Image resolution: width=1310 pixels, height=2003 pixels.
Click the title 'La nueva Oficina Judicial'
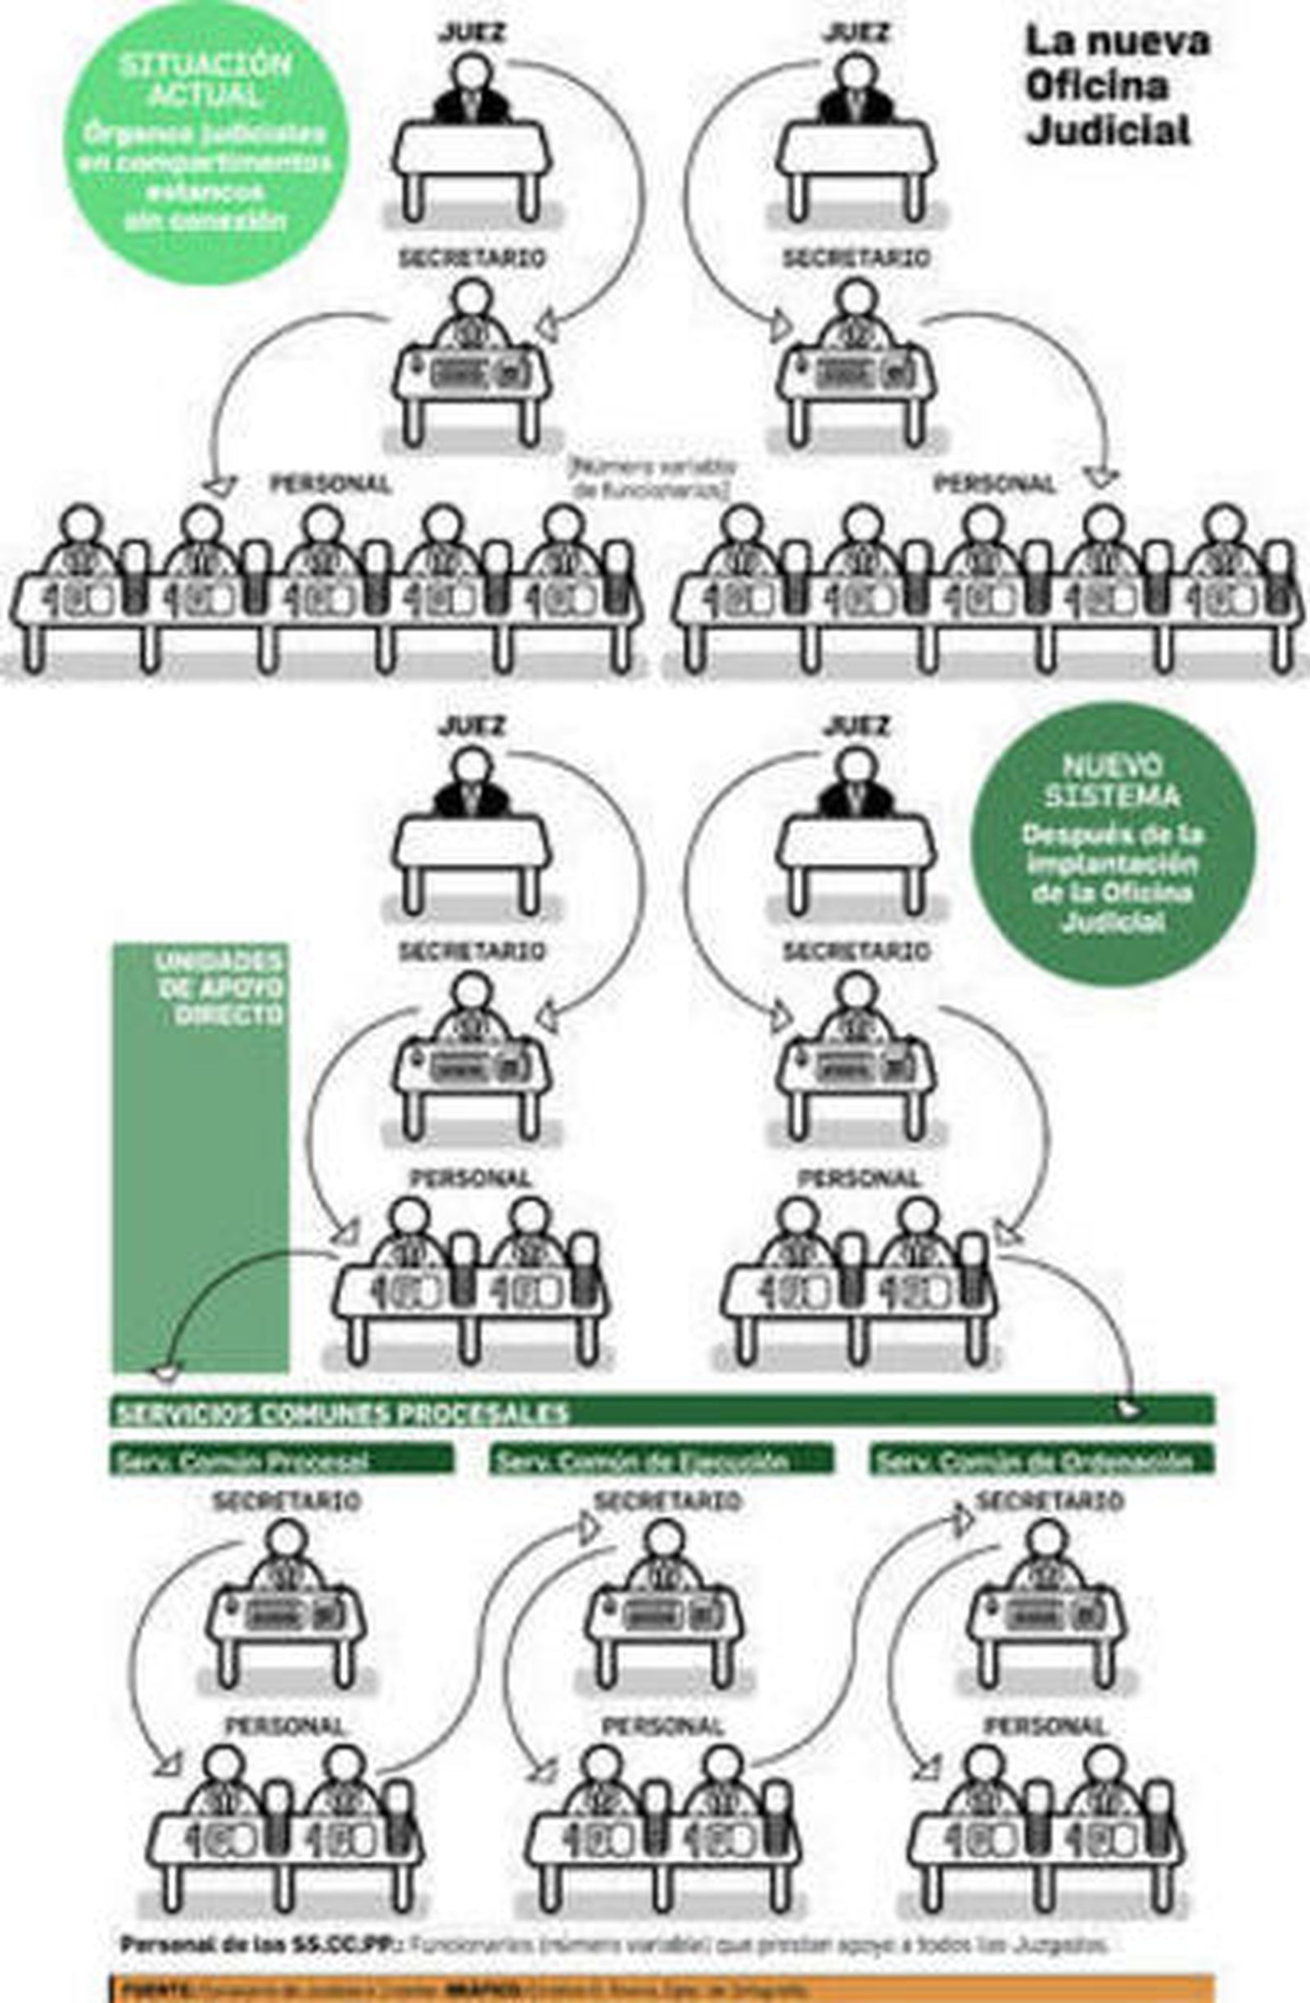click(1116, 86)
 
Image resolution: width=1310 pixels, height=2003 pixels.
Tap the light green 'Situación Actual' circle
click(206, 143)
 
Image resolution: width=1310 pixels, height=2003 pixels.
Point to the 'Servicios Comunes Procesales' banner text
click(341, 1413)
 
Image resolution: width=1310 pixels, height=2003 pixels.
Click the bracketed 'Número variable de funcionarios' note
click(652, 478)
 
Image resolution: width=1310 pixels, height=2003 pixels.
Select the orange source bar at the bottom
click(662, 1991)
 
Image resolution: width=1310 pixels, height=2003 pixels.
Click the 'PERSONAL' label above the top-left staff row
click(330, 484)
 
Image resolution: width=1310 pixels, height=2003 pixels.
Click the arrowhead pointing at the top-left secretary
click(548, 327)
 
